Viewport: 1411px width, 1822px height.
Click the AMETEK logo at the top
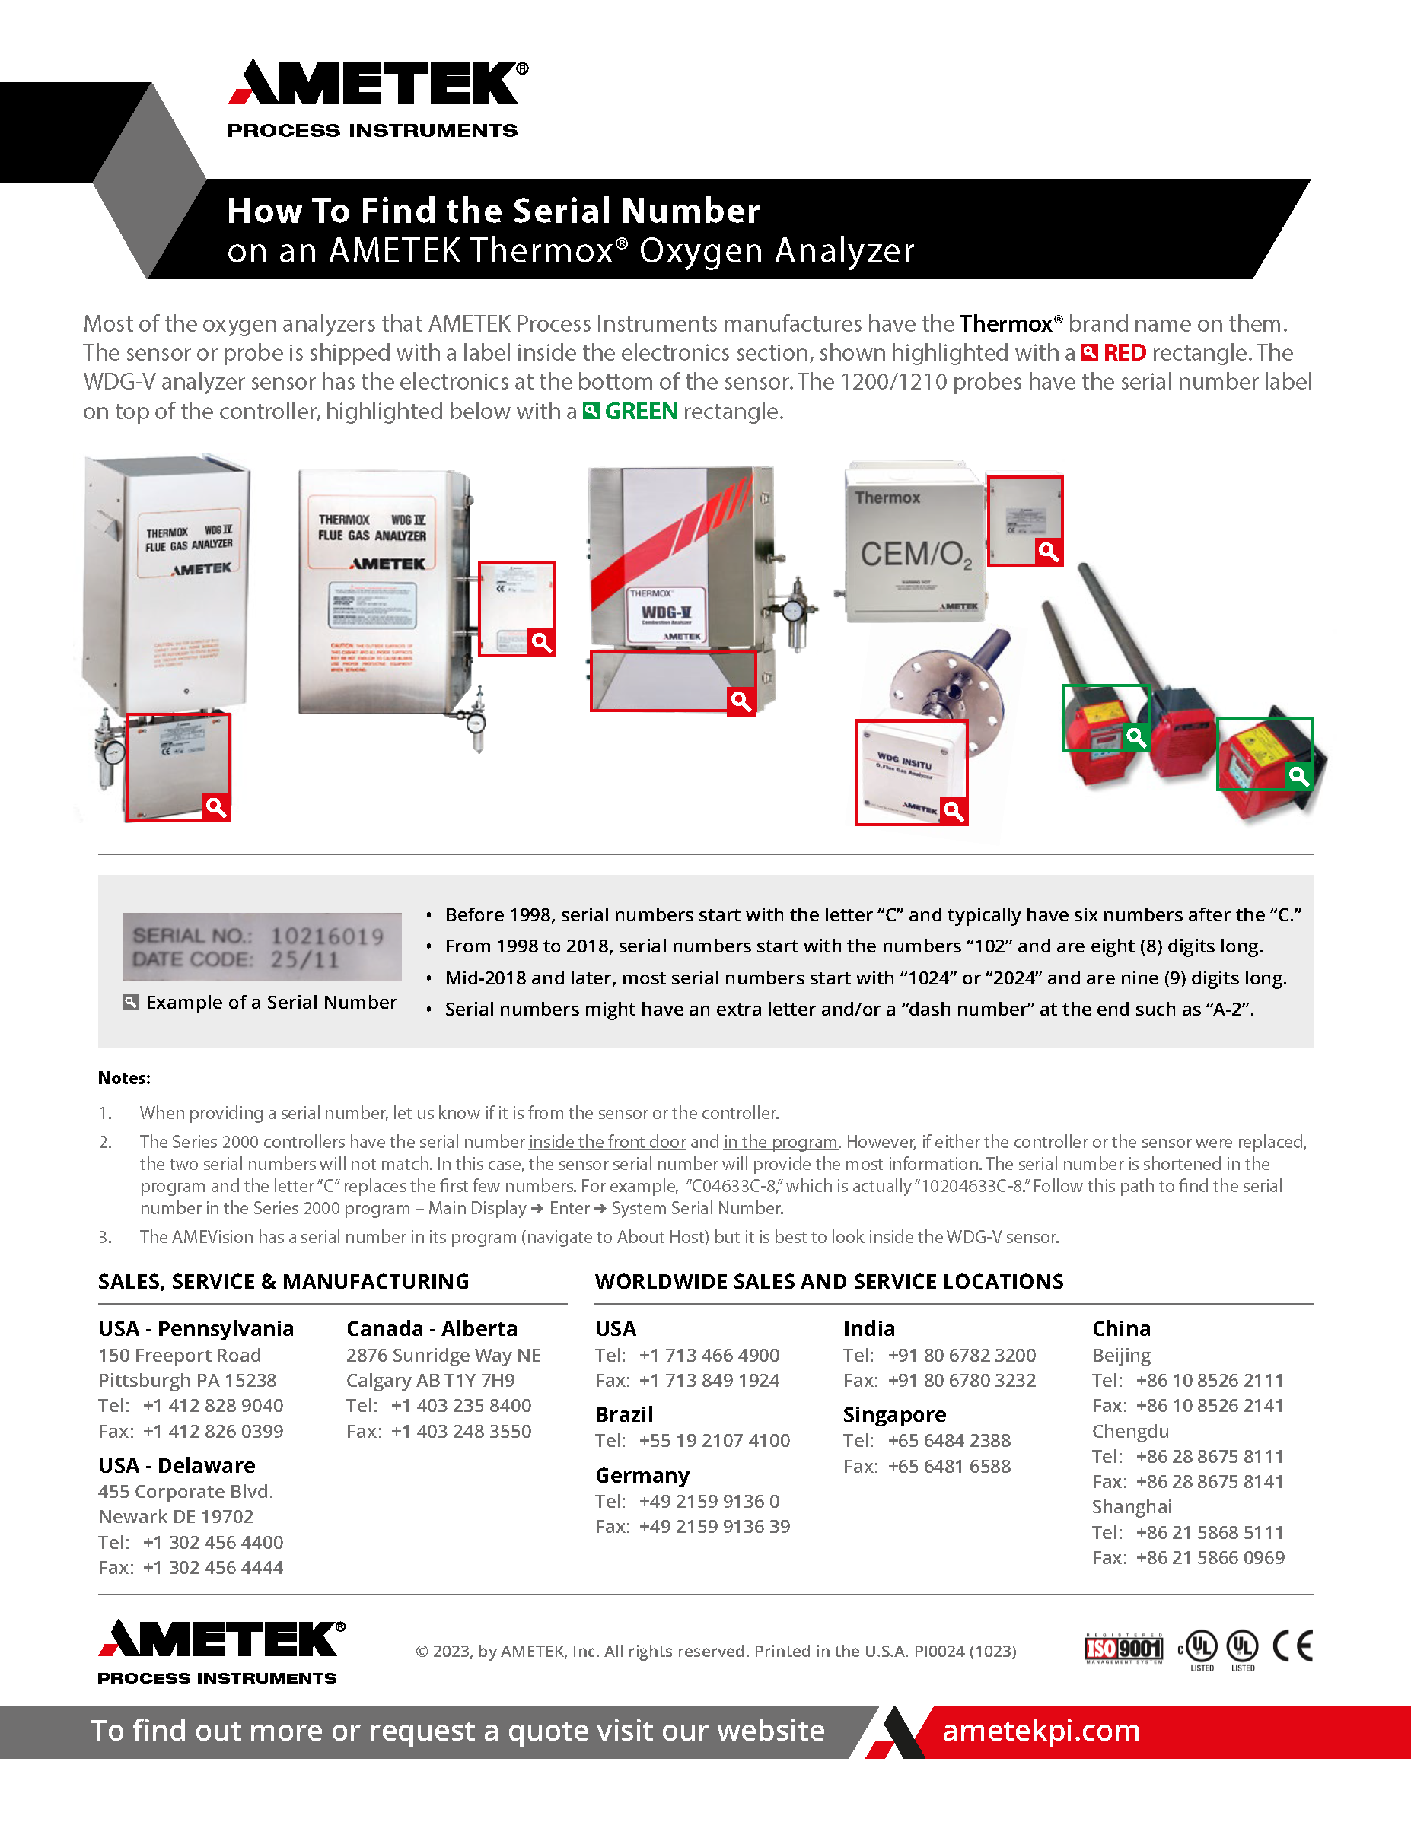coord(377,86)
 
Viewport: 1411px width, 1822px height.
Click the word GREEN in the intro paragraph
coord(640,412)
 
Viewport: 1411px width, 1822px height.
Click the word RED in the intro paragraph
coord(1124,353)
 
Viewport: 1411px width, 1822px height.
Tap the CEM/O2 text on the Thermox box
coord(916,554)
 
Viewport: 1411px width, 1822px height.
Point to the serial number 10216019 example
coord(326,936)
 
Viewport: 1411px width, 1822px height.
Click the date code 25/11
coord(304,960)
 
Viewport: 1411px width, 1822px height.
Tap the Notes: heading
coord(124,1078)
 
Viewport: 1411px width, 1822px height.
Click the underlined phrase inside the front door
coord(607,1142)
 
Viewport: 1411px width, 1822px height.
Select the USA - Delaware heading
coord(177,1466)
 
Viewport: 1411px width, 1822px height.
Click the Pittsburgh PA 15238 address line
coord(187,1381)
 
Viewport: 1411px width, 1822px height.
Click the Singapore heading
coord(893,1415)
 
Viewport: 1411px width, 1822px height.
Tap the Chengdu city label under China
coord(1130,1432)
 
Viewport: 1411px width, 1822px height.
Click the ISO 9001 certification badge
coord(1123,1649)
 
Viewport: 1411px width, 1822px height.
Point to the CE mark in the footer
coord(1292,1646)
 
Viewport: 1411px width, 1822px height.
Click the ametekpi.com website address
coord(1040,1731)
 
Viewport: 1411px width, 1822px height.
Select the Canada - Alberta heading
coord(432,1329)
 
